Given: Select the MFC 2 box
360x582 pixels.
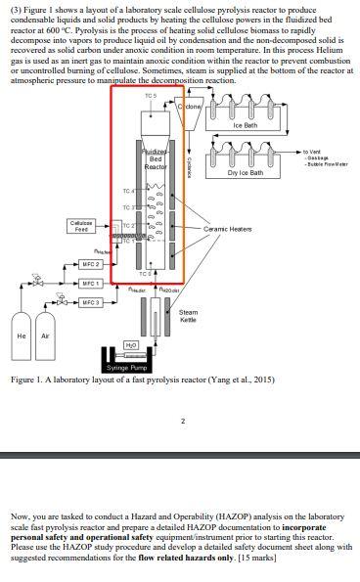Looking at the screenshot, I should pos(92,264).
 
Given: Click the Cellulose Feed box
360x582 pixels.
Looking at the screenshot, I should pos(84,225).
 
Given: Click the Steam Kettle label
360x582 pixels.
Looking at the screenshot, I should pos(190,316).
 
